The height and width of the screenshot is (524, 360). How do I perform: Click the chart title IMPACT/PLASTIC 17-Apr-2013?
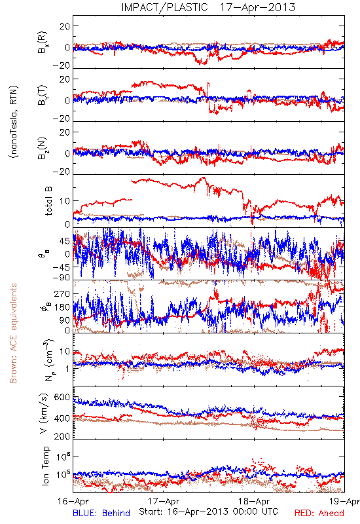[x=208, y=7]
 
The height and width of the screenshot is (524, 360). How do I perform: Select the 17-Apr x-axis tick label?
[x=164, y=501]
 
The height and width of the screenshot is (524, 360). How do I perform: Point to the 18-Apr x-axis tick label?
[x=254, y=501]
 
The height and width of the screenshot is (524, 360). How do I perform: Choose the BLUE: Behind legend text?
[x=101, y=513]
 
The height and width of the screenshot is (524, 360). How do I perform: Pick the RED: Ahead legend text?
[x=319, y=513]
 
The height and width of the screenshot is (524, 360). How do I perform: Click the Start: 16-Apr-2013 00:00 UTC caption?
[x=208, y=512]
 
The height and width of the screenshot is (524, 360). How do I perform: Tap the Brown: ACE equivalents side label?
[x=13, y=333]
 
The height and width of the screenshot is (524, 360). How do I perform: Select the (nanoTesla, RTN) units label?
[x=14, y=121]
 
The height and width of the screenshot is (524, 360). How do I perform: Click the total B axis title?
[x=48, y=201]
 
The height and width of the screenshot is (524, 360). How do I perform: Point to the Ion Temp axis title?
[x=45, y=466]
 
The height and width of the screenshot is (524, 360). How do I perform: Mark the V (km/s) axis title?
[x=44, y=413]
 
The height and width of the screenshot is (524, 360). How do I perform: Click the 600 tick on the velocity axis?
[x=62, y=397]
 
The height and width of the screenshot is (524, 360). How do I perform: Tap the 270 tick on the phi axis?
[x=62, y=293]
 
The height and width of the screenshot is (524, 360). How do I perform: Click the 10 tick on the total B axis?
[x=65, y=201]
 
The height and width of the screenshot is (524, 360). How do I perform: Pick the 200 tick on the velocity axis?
[x=62, y=436]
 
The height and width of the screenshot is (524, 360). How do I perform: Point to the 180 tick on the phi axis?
[x=62, y=307]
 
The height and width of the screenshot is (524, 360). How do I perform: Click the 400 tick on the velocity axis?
[x=62, y=419]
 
